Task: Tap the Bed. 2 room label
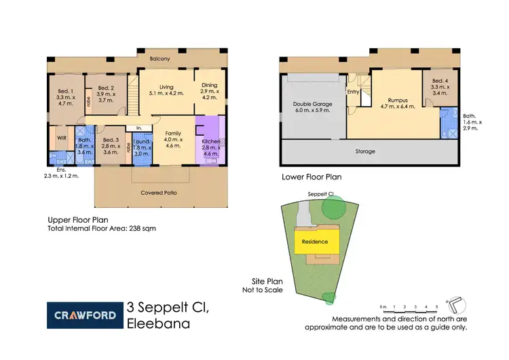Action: tap(106, 88)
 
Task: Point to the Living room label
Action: tap(166, 87)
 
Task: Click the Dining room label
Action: tap(208, 85)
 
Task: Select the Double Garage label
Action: tap(312, 104)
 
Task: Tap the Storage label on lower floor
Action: tap(365, 151)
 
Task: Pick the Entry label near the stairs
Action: tap(353, 92)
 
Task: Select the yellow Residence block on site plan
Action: tap(314, 241)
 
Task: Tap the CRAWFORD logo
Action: tap(84, 314)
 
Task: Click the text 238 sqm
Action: tap(143, 229)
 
